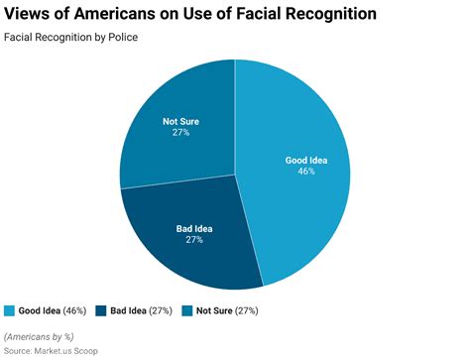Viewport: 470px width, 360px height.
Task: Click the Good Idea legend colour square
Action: coord(10,310)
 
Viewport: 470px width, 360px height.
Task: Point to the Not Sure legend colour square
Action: coord(188,310)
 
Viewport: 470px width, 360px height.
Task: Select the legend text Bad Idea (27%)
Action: coord(141,310)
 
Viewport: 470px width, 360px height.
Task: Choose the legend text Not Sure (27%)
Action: coord(228,310)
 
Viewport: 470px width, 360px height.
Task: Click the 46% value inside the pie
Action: coord(306,171)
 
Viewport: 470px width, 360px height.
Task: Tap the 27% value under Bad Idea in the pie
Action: coord(195,241)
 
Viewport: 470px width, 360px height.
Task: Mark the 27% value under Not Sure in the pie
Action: coord(181,133)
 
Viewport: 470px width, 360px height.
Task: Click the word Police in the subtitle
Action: coord(121,38)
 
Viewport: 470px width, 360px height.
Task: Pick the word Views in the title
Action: coord(27,15)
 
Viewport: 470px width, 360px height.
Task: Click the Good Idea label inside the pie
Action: coord(306,159)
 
